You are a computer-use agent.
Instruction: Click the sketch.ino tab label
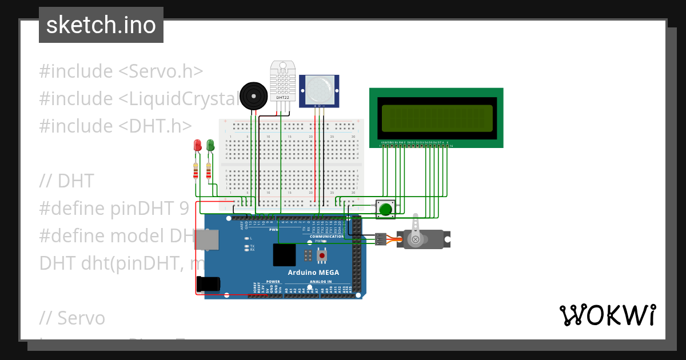[101, 25]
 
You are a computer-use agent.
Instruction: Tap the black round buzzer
[253, 95]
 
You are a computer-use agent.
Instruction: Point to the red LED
[197, 145]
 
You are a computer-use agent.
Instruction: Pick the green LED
[210, 145]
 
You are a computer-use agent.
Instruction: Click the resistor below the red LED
[196, 170]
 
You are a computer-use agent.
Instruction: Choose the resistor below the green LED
[209, 170]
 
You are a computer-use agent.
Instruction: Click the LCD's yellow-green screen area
[436, 118]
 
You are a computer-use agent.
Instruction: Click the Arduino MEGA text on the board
[313, 272]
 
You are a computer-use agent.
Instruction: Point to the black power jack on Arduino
[208, 284]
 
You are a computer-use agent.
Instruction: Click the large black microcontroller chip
[284, 255]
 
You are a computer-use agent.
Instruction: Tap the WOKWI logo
[607, 315]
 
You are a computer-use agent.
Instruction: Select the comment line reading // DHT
[66, 181]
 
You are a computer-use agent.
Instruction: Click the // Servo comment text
[73, 318]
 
